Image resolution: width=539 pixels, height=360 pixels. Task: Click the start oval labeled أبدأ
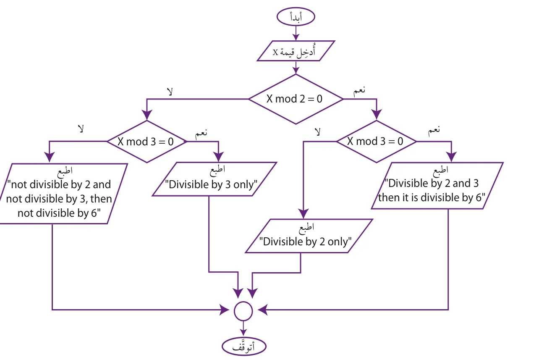[296, 17]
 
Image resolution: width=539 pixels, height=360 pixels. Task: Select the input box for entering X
[296, 51]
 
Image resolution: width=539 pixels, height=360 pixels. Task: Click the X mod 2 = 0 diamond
[296, 99]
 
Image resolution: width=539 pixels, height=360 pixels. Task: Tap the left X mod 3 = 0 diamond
[147, 142]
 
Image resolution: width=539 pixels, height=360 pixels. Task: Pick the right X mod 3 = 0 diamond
[377, 142]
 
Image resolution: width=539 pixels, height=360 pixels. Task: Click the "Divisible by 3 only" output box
[214, 179]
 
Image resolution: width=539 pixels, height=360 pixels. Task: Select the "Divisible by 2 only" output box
[309, 236]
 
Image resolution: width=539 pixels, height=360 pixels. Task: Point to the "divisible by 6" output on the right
[437, 186]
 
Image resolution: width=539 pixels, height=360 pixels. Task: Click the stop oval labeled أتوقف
[244, 347]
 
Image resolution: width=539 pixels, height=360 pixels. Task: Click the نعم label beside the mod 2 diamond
[359, 91]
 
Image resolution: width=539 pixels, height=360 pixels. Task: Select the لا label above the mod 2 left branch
[170, 92]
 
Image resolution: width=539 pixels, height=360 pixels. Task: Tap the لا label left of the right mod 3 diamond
[318, 132]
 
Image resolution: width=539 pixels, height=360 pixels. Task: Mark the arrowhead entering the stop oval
[243, 333]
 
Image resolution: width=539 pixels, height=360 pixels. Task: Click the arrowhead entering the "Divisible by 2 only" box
[303, 214]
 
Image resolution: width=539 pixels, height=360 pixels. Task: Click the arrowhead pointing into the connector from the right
[262, 310]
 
